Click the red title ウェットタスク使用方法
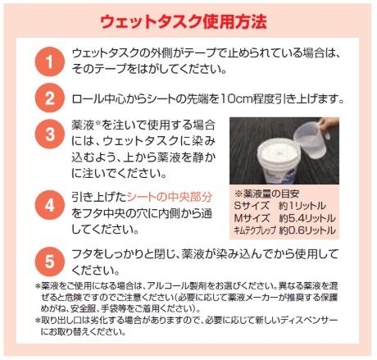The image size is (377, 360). [x=184, y=21]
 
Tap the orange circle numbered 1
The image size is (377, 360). [x=49, y=62]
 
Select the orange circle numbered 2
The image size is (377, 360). [x=49, y=98]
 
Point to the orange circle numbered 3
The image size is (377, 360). [x=49, y=134]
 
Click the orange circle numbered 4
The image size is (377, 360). [x=49, y=205]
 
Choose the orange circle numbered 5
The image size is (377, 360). [x=49, y=261]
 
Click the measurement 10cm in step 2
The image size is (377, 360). [x=236, y=98]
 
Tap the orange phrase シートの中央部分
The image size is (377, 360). [x=170, y=197]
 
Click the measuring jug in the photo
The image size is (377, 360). [x=310, y=139]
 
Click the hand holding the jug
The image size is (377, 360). [x=329, y=125]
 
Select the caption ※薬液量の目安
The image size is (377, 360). [x=266, y=194]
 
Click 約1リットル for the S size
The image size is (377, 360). [x=302, y=206]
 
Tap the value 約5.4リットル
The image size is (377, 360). [x=307, y=218]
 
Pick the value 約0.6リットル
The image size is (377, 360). [x=307, y=230]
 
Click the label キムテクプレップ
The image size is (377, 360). [x=255, y=230]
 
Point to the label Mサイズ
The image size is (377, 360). [x=252, y=218]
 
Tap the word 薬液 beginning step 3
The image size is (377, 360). [x=83, y=125]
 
